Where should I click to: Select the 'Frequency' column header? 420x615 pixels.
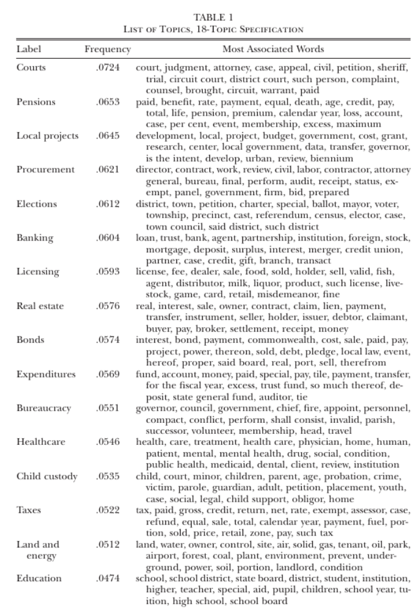point(107,49)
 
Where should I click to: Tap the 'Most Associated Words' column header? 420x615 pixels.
point(272,49)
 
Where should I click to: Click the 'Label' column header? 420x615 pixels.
point(28,49)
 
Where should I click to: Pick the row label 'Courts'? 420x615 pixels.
point(31,67)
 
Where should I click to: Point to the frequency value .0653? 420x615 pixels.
point(107,101)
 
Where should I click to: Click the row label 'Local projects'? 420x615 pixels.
point(47,135)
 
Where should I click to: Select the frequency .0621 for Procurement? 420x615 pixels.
point(107,170)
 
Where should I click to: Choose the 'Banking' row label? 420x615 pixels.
point(35,238)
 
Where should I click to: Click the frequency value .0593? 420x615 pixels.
point(107,272)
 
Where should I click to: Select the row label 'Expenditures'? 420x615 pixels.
point(46,374)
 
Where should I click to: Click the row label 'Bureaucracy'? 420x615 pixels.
point(43,408)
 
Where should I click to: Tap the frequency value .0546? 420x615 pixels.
point(107,442)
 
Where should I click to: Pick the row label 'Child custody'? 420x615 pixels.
point(47,476)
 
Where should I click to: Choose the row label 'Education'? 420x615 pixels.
point(39,578)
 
